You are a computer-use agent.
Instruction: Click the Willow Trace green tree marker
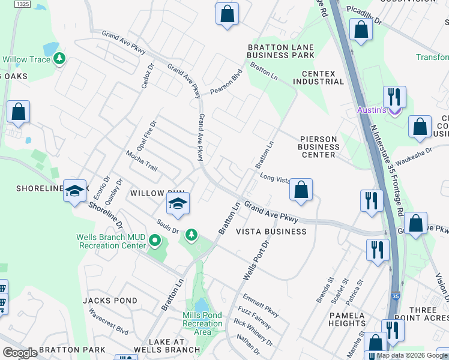point(59,59)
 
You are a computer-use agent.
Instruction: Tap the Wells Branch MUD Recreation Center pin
point(155,241)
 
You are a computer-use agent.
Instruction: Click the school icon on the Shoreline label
point(74,191)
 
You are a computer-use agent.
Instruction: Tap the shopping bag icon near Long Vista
point(301,190)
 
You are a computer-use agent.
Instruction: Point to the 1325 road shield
point(22,4)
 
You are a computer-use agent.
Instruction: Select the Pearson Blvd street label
point(225,85)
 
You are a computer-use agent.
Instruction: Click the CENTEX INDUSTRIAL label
point(318,77)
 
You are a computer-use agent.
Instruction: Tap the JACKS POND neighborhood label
point(106,300)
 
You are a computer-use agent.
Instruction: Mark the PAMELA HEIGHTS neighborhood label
point(347,319)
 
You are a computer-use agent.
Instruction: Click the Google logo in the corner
point(20,353)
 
